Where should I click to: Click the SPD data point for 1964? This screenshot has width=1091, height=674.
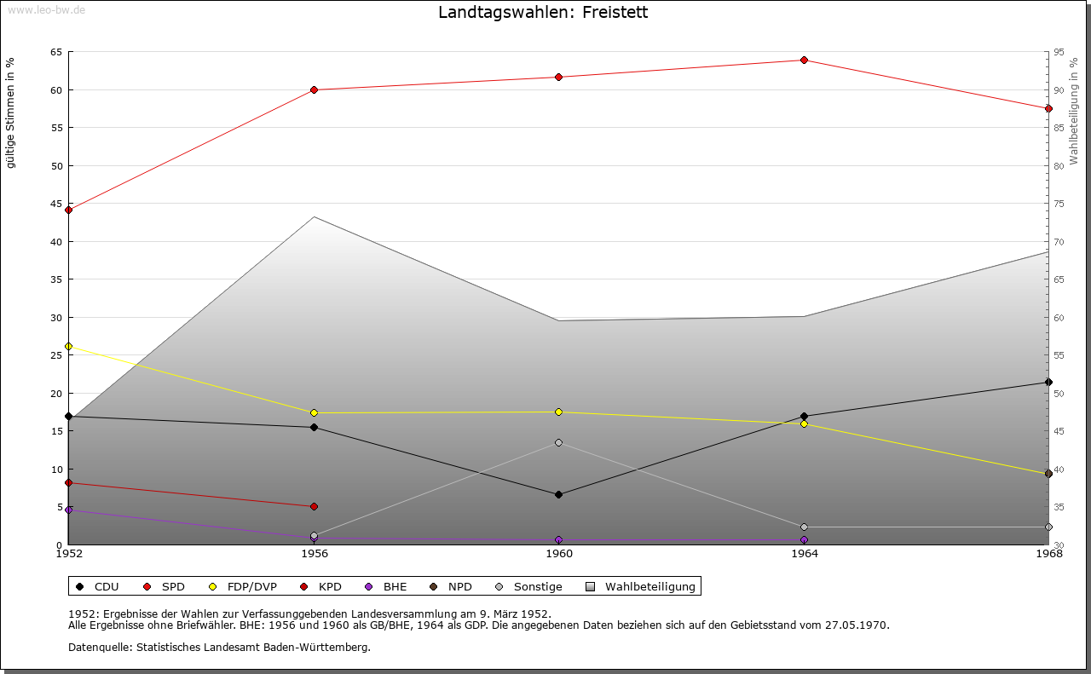804,60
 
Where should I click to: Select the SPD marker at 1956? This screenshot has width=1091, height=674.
314,89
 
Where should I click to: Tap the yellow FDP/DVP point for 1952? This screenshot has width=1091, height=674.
68,346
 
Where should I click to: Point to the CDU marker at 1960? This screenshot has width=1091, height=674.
558,494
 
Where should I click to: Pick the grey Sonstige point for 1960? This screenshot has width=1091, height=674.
558,442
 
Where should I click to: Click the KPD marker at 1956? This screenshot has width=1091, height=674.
314,506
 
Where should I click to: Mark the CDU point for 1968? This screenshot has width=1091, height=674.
1048,382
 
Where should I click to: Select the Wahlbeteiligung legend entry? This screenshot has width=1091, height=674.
641,586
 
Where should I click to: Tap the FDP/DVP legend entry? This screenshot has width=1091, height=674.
242,586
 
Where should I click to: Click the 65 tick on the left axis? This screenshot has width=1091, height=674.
56,52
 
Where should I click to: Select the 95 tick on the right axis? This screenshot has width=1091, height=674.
1059,52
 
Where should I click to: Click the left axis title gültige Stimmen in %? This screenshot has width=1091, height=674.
11,112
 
